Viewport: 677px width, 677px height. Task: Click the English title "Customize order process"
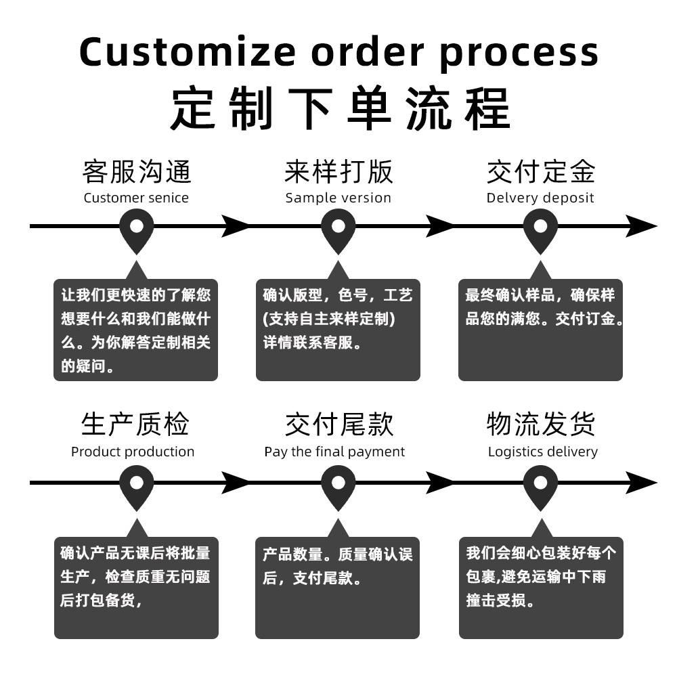pos(338,51)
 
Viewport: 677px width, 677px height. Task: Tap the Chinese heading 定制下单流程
pos(338,108)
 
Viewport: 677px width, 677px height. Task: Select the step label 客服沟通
pos(137,172)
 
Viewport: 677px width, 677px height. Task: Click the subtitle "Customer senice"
pos(136,198)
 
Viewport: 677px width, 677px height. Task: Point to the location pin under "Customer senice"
pos(137,228)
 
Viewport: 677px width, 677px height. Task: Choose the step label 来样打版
pos(338,172)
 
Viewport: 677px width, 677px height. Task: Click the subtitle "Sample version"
pos(338,198)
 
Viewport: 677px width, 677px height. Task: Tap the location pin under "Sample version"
pos(338,228)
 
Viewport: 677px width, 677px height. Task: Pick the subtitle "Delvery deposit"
pos(540,198)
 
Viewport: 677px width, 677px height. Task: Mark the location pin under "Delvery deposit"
pos(540,228)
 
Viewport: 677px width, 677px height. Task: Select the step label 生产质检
pos(135,424)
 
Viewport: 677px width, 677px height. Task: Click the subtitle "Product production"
pos(133,452)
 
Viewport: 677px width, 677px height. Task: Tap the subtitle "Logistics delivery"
pos(543,452)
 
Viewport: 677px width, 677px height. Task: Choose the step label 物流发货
pos(541,424)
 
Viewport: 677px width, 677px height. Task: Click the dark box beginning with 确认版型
pos(338,330)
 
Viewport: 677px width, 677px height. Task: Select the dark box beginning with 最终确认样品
pos(540,330)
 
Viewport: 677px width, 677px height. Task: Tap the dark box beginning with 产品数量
pos(337,587)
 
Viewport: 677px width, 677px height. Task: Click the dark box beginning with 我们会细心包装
pos(541,587)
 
